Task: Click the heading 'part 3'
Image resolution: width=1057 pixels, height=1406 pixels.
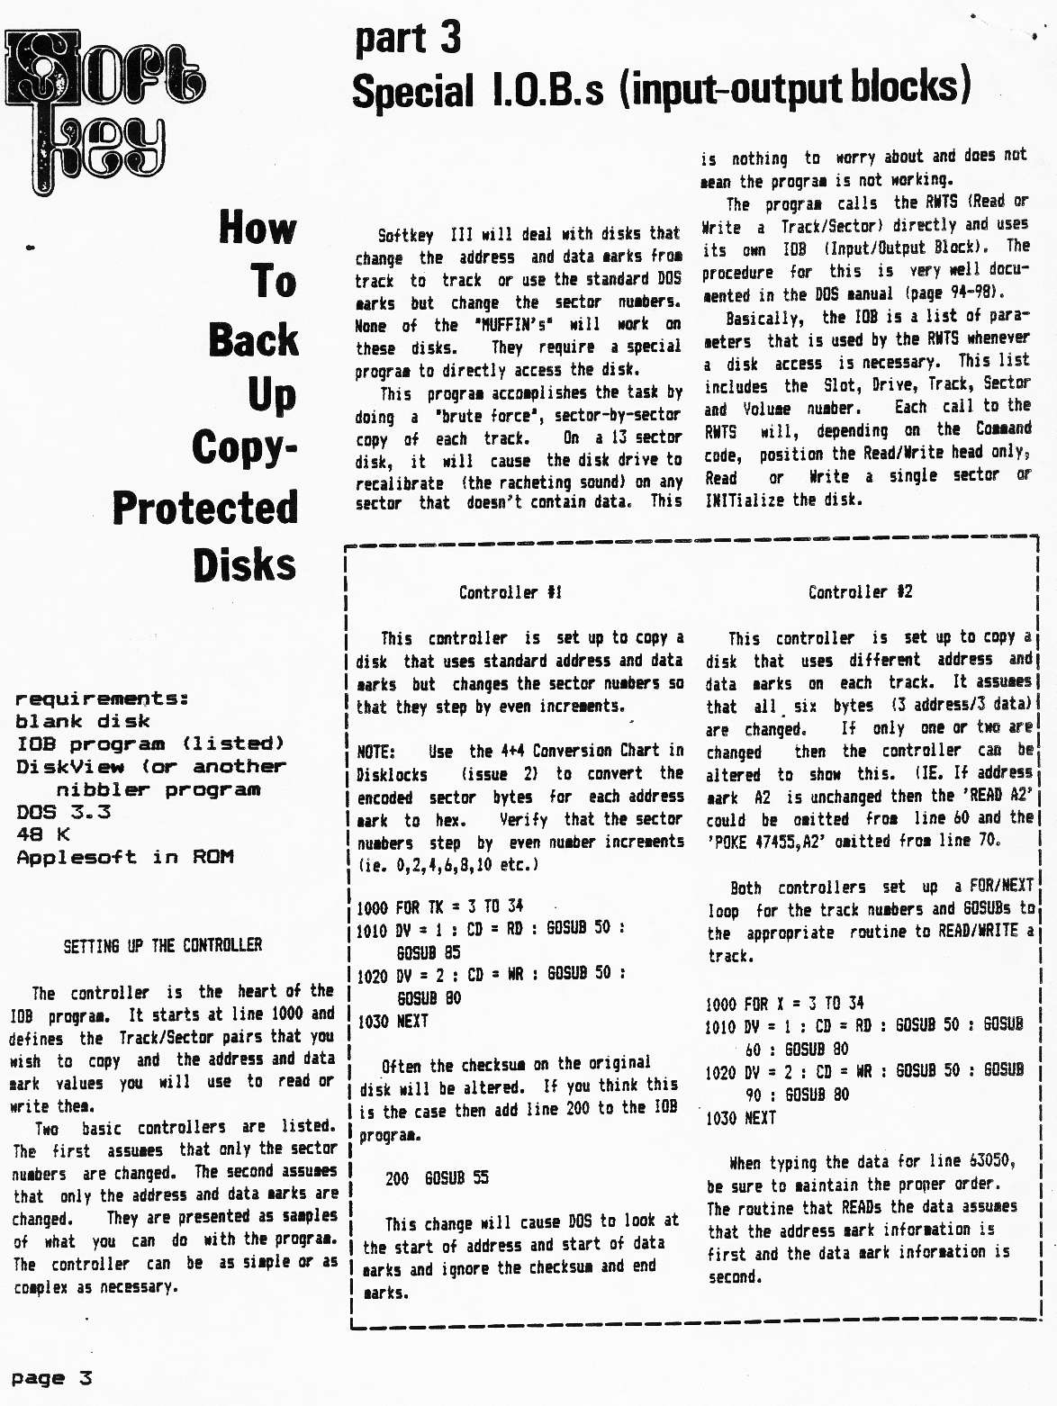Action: [408, 38]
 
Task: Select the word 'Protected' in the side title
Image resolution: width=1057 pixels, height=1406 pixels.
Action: [205, 509]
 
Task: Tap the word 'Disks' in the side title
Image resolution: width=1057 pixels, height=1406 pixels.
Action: [244, 565]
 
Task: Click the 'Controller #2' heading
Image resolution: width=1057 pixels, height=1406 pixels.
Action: [860, 591]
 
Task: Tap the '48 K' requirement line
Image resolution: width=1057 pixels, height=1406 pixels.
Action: [42, 834]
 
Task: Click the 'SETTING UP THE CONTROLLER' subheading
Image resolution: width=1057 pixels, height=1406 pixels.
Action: [162, 945]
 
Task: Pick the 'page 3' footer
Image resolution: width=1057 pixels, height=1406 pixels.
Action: [51, 1378]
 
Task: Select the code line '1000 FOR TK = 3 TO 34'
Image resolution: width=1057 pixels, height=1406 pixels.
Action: [439, 906]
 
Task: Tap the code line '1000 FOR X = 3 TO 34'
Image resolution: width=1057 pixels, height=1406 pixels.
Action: [784, 1003]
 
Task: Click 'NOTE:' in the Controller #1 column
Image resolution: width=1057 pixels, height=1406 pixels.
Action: [375, 751]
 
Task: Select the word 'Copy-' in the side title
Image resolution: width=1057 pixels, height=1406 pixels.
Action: [244, 447]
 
